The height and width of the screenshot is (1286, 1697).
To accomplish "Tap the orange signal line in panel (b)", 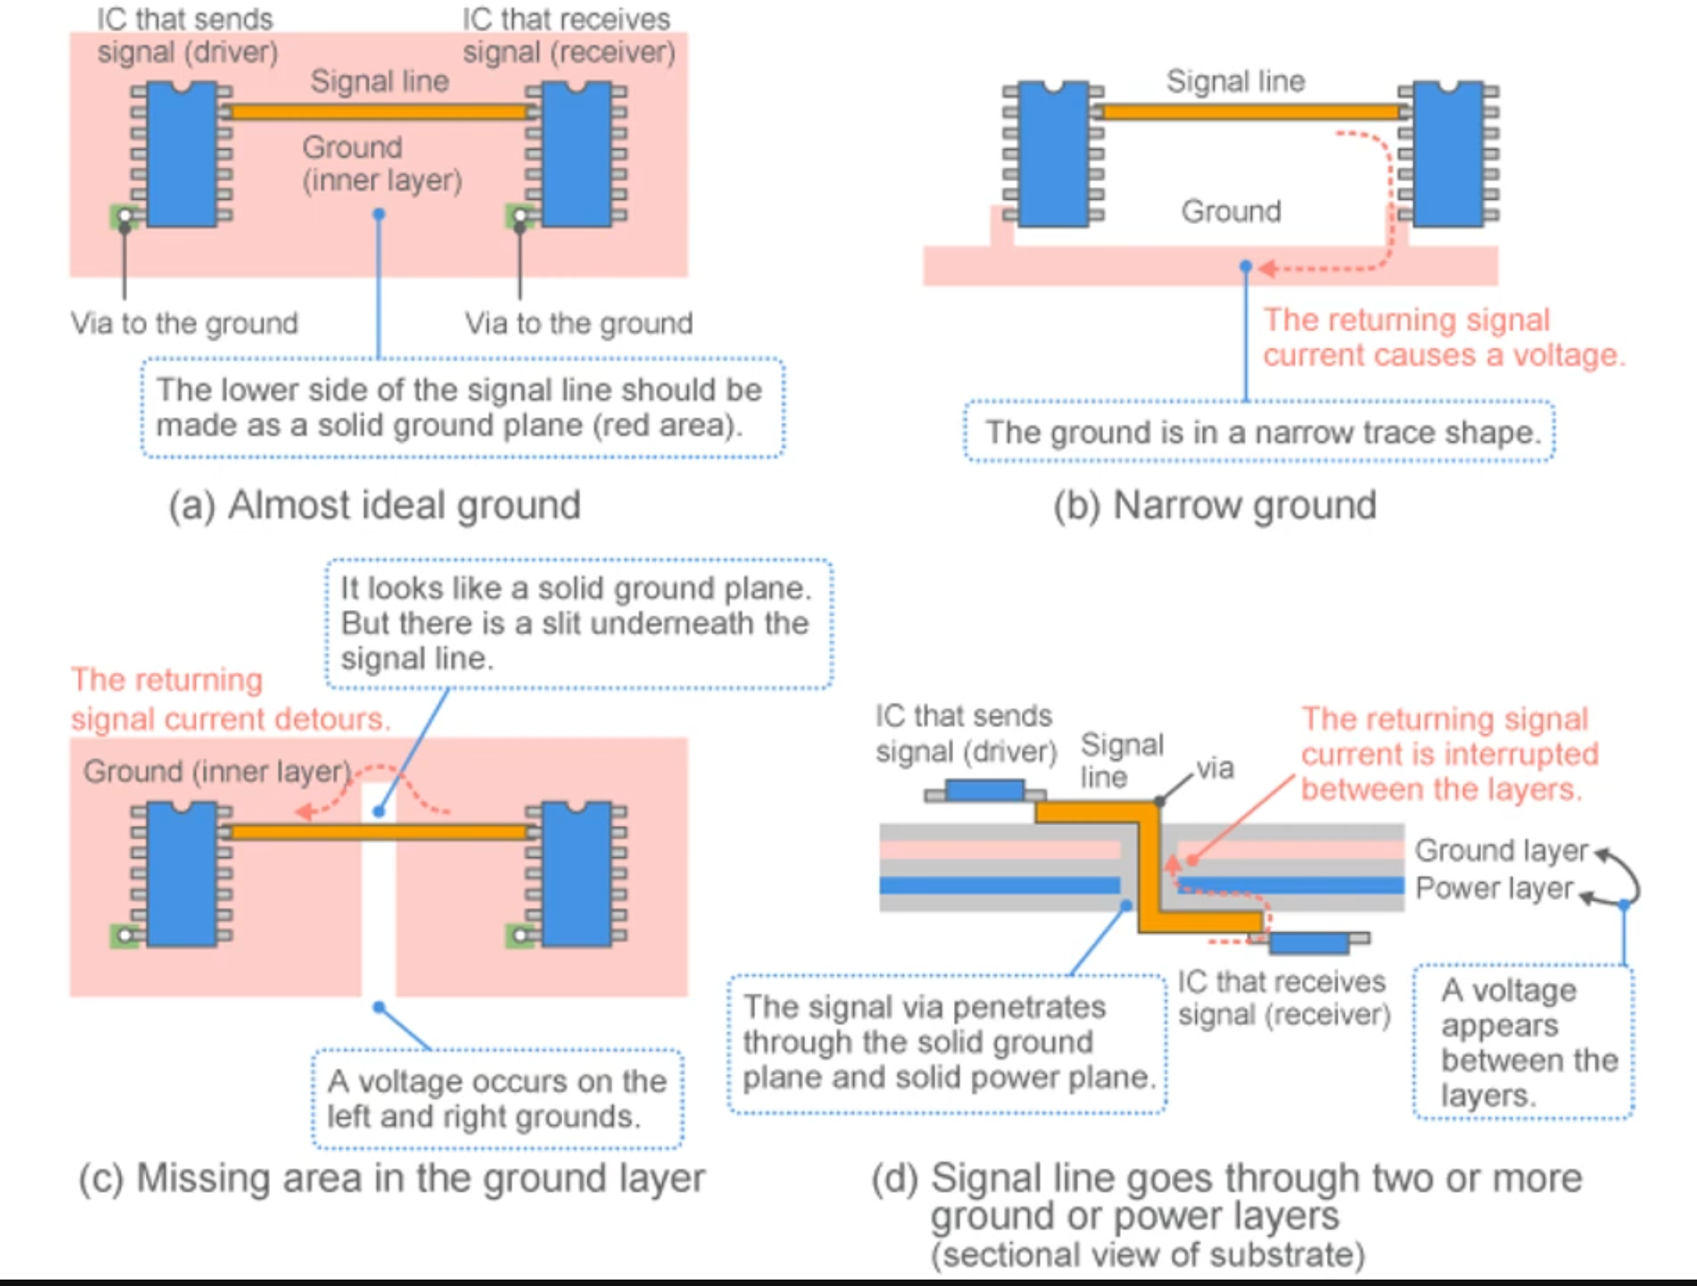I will point(1249,112).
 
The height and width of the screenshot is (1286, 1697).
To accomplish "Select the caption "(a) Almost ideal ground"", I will point(375,506).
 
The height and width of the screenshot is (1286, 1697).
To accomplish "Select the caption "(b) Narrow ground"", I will point(1215,506).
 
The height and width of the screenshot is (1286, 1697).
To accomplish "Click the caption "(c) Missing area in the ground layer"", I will point(392,1179).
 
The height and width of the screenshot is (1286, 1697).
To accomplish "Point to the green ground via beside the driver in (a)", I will point(122,215).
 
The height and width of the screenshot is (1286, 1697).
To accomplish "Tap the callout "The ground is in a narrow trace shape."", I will point(1260,433).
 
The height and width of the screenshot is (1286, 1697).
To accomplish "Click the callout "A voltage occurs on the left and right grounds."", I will point(497,1099).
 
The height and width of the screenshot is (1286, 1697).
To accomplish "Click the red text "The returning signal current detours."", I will point(230,699).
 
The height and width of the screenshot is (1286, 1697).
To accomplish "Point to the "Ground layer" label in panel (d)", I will point(1501,851).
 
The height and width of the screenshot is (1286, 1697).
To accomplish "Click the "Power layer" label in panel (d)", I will point(1494,888).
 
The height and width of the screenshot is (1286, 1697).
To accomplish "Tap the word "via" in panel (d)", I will point(1215,768).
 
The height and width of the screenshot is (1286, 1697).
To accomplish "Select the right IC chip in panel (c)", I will point(576,874).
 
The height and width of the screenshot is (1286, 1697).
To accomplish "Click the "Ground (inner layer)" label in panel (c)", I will point(218,771).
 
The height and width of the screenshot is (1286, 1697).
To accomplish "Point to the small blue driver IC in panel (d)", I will point(985,790).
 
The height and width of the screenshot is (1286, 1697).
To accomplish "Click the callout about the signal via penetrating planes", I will point(948,1043).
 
